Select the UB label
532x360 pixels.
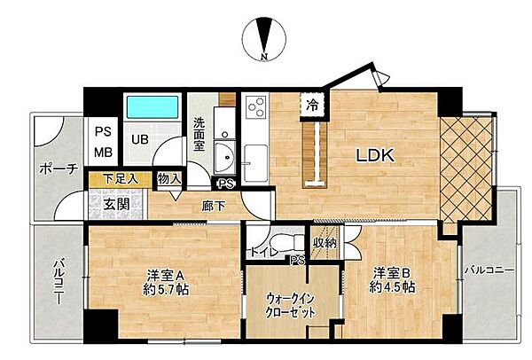140,138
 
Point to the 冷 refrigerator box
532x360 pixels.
311,105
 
